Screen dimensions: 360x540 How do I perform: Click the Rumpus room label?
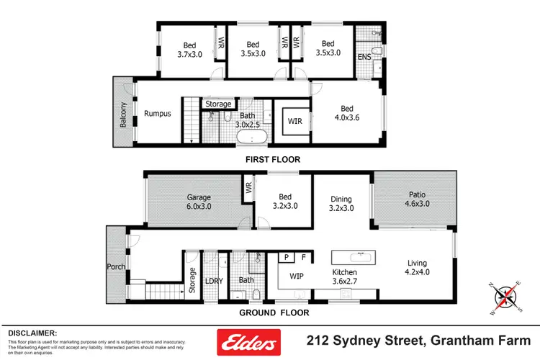(158, 114)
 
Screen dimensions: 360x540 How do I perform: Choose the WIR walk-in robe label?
(294, 120)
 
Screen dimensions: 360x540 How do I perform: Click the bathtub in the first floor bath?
(251, 136)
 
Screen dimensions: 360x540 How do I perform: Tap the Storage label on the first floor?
(218, 104)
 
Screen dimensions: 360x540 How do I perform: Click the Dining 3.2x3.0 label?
(341, 204)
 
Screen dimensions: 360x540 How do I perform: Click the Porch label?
(116, 267)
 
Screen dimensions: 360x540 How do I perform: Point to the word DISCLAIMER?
(32, 333)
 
